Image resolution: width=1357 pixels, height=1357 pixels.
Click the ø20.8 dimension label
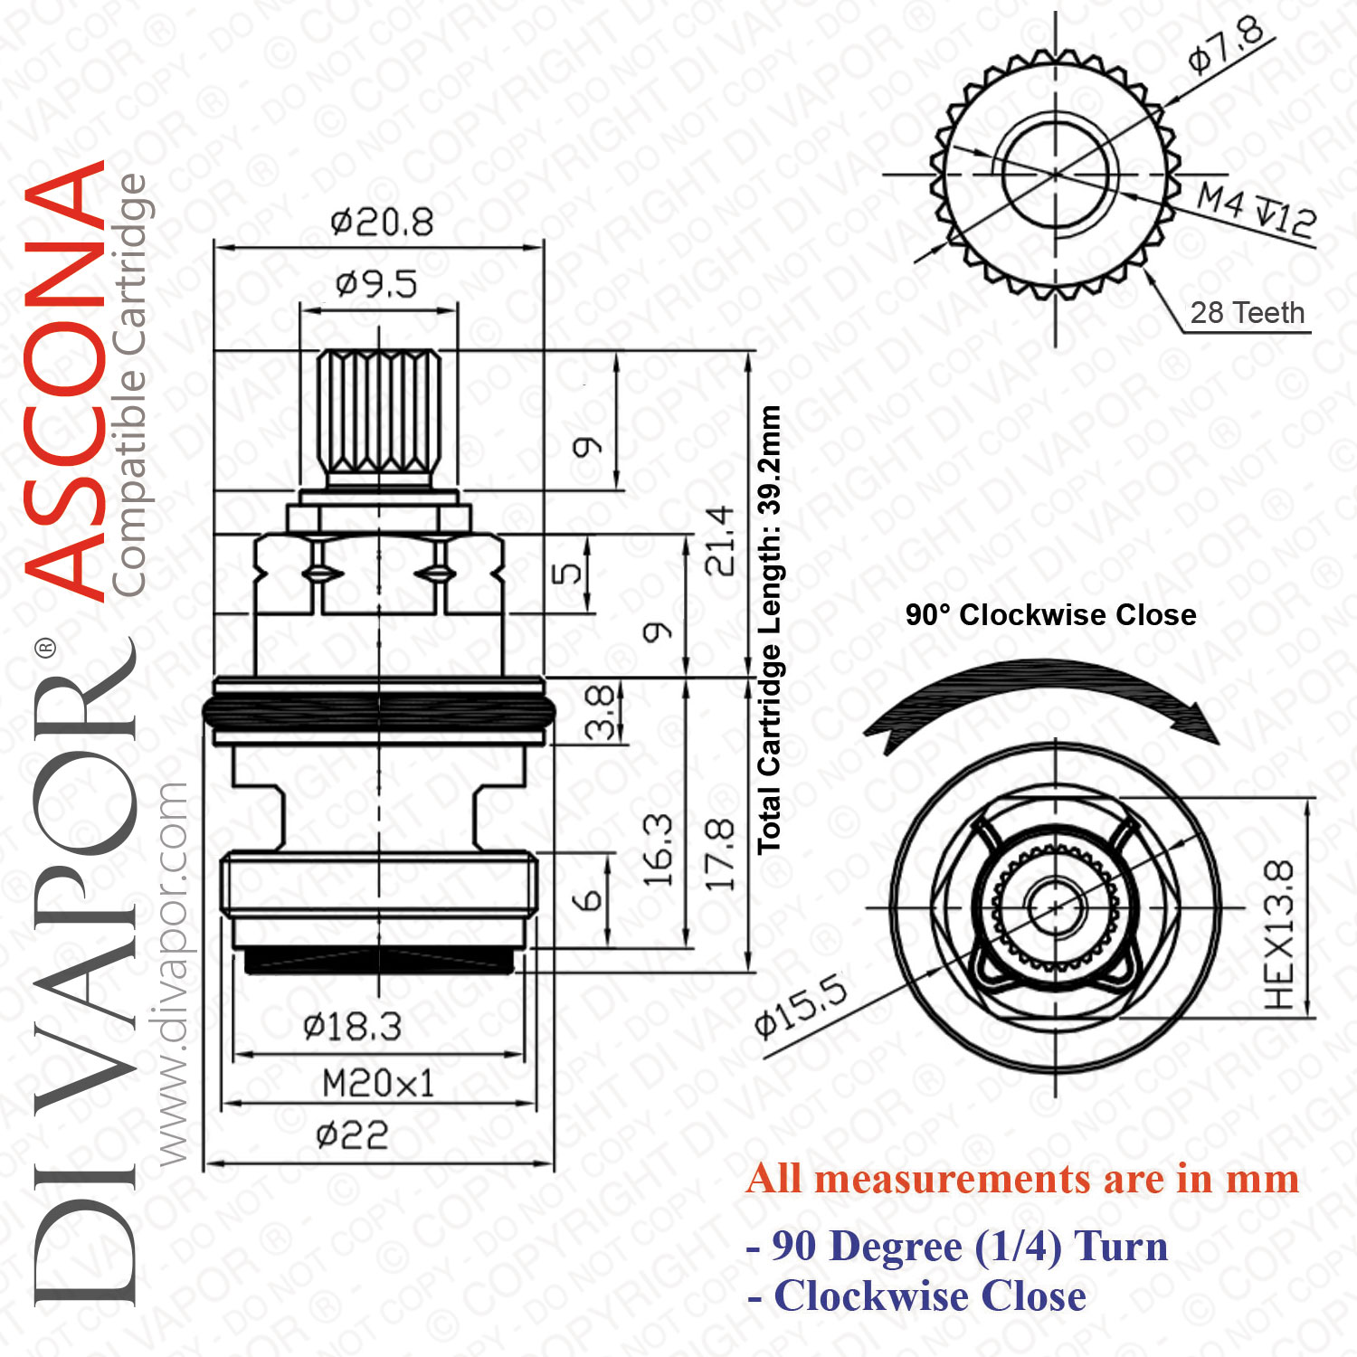(x=382, y=222)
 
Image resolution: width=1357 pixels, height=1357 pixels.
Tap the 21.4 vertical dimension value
(x=720, y=541)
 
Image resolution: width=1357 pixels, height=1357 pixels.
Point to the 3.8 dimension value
(x=600, y=713)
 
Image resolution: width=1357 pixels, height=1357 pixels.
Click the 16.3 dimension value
(x=658, y=849)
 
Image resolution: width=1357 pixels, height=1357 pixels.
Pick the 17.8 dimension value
(x=720, y=854)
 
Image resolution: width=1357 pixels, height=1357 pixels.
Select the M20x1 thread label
(x=378, y=1083)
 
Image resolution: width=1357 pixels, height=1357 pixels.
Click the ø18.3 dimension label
(x=352, y=1027)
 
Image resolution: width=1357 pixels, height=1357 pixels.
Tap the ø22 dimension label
(x=352, y=1134)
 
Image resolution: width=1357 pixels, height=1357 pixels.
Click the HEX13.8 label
(x=1279, y=935)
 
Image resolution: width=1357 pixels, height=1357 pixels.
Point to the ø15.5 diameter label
(x=802, y=1005)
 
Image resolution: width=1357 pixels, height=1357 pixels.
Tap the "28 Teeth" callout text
(x=1248, y=313)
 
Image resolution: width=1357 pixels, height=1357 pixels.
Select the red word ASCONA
(x=65, y=380)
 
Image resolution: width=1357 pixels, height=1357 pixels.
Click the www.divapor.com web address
(x=171, y=973)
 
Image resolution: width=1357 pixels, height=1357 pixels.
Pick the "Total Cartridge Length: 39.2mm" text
(x=769, y=630)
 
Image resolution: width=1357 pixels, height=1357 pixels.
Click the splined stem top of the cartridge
(x=379, y=412)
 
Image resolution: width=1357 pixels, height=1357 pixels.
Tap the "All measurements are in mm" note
(x=1023, y=1179)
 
